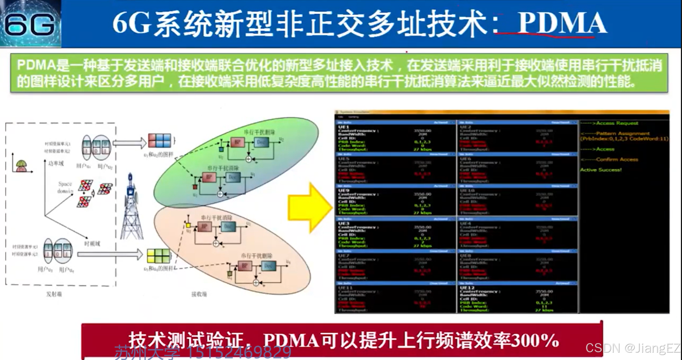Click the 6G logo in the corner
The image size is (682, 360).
[x=30, y=24]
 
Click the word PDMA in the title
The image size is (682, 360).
[x=562, y=23]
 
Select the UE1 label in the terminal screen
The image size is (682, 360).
[x=344, y=127]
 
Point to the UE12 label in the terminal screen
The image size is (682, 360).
[x=467, y=288]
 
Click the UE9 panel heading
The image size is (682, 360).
[x=344, y=191]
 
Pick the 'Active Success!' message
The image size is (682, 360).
[x=601, y=170]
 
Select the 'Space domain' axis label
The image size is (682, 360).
[x=65, y=187]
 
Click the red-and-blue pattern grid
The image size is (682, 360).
[x=160, y=140]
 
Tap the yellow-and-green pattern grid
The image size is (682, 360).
[x=158, y=256]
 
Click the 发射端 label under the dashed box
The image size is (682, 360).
[x=54, y=294]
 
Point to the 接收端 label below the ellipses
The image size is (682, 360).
[x=199, y=294]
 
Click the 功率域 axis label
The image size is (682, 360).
[x=56, y=164]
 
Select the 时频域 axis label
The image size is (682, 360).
[x=92, y=243]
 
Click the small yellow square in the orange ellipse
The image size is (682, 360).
[x=188, y=225]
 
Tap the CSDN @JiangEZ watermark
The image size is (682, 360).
[x=632, y=348]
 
